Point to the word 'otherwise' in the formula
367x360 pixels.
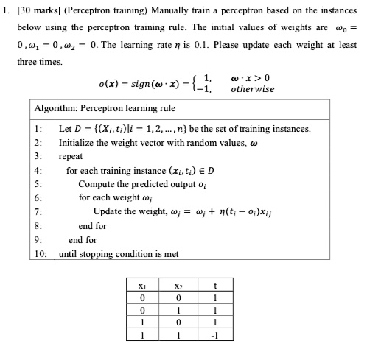252,88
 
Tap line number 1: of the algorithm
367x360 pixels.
39,128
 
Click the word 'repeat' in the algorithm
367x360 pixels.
71,156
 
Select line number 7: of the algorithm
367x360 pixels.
39,212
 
